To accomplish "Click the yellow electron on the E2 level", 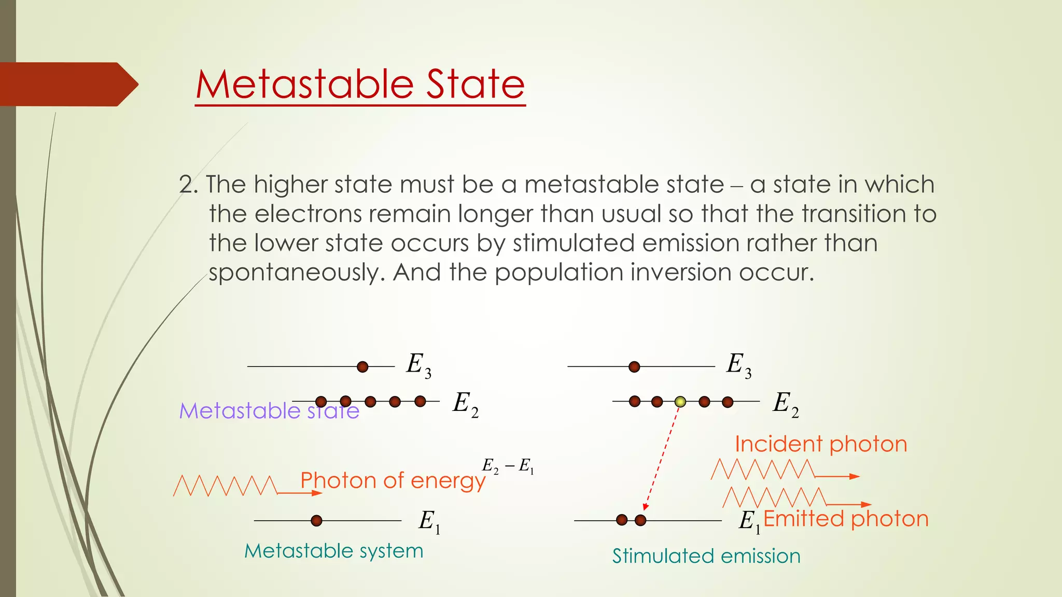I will click(x=680, y=402).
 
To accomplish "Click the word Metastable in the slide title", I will click(x=304, y=84).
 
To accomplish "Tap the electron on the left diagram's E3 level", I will click(x=362, y=367).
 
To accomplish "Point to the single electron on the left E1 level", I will click(x=316, y=521).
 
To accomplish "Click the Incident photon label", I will click(x=821, y=444).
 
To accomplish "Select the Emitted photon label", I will click(x=846, y=519).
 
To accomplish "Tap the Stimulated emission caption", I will click(x=706, y=556).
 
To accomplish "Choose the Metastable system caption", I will click(x=334, y=551).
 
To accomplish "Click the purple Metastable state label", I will click(x=269, y=411).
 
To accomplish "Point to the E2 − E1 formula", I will click(x=508, y=466).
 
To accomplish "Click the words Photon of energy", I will click(x=393, y=480).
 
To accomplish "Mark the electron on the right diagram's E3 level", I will click(x=634, y=367).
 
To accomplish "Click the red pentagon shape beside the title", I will click(x=67, y=84).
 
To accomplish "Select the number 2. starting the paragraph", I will click(x=188, y=185).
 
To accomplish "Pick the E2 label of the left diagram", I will click(x=465, y=404).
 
